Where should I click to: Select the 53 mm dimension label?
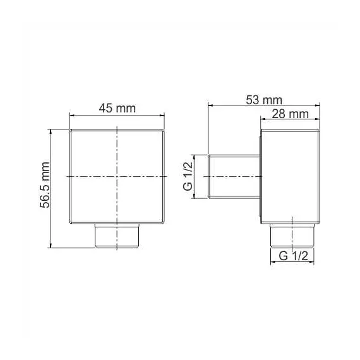[265, 99]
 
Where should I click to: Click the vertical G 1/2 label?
[188, 177]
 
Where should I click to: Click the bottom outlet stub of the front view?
[117, 236]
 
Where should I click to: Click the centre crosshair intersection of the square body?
[117, 176]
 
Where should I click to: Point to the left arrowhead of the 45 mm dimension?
[71, 116]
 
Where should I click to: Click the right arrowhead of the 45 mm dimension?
[165, 116]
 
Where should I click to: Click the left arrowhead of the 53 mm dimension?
[211, 105]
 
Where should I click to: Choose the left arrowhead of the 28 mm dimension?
[261, 120]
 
